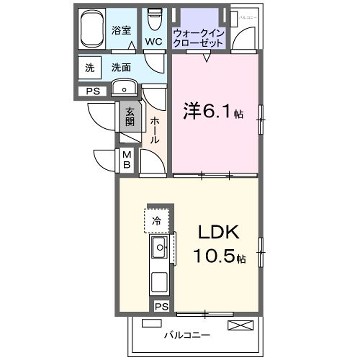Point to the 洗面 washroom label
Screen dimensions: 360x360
pos(122,68)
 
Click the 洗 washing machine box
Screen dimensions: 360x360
pos(90,68)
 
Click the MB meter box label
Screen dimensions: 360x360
pos(128,159)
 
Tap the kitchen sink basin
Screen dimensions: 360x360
pos(159,246)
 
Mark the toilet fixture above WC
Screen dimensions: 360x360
pos(153,21)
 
